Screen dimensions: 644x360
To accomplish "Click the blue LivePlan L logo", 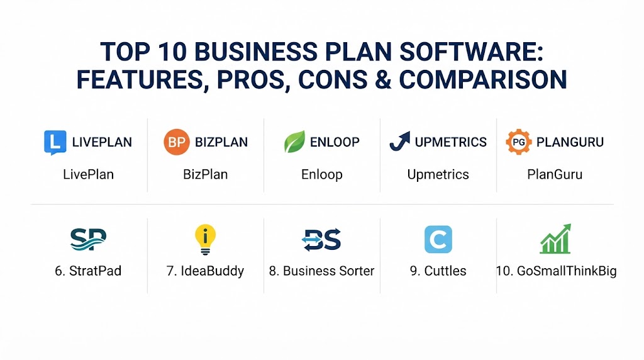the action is point(55,142).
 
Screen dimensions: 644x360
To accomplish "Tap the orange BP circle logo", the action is point(177,142).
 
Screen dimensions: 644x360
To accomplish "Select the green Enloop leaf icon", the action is point(294,142).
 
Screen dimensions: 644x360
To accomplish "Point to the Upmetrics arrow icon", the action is point(399,142).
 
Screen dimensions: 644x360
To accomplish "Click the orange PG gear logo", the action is point(519,142).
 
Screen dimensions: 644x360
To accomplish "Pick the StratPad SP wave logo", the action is point(88,239).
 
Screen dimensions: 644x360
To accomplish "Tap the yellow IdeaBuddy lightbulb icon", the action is point(205,239).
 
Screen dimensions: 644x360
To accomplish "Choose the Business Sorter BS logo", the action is point(321,239).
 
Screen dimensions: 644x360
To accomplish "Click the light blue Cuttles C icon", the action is point(438,239).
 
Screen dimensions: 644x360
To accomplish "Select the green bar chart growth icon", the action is point(555,239).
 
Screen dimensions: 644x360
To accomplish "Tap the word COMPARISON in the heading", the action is point(483,80).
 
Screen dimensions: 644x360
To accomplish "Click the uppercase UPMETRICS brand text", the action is point(450,142).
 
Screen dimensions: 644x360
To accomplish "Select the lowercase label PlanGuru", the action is point(555,174).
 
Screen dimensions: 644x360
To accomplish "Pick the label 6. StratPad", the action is point(88,271).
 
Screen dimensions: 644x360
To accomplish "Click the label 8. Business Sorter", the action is point(321,271).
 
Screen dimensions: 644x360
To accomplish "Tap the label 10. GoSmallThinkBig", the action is point(556,271).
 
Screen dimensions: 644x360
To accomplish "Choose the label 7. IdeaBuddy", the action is point(205,271).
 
